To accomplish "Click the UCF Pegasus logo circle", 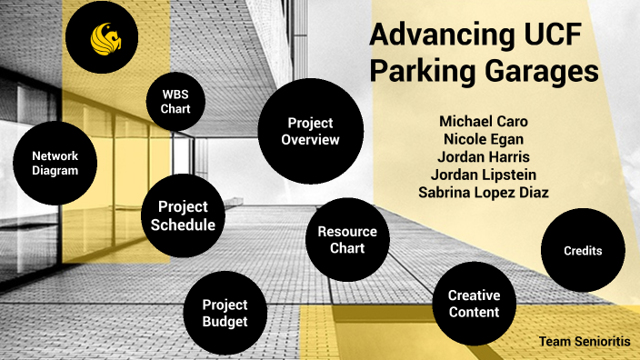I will click(x=102, y=36).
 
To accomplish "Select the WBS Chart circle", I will click(x=175, y=103).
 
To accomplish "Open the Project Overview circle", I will click(x=310, y=132).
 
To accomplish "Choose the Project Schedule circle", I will click(x=183, y=215).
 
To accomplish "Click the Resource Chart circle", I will click(x=347, y=240).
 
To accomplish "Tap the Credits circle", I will click(x=583, y=250).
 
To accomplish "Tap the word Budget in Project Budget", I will click(x=225, y=322).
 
